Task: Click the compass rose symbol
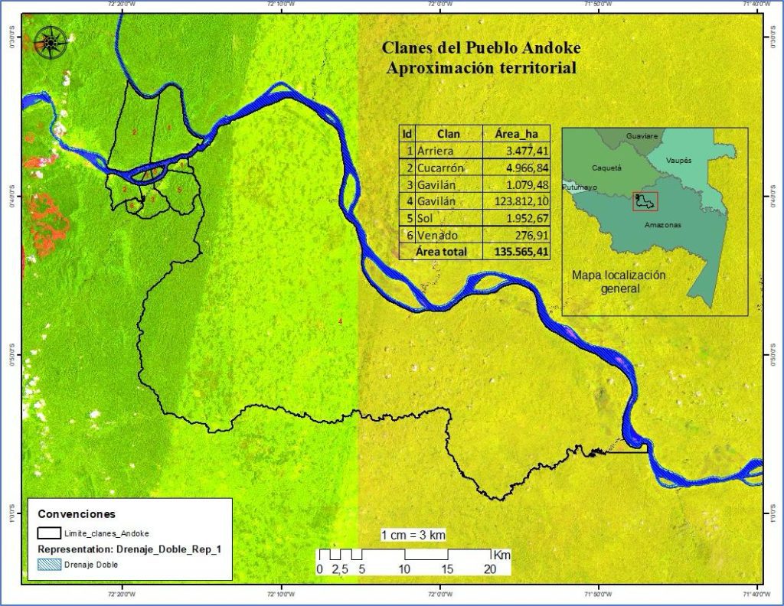pyautogui.click(x=50, y=42)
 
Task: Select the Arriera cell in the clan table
pyautogui.click(x=436, y=151)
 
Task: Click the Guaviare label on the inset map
pyautogui.click(x=642, y=135)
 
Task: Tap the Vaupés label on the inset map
pyautogui.click(x=679, y=161)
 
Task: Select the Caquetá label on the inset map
pyautogui.click(x=606, y=167)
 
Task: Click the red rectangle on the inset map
pyautogui.click(x=645, y=201)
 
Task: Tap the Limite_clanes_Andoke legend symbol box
pyautogui.click(x=50, y=533)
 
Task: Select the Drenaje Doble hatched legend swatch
pyautogui.click(x=50, y=565)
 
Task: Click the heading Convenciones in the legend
pyautogui.click(x=77, y=514)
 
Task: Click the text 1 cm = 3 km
pyautogui.click(x=413, y=536)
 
